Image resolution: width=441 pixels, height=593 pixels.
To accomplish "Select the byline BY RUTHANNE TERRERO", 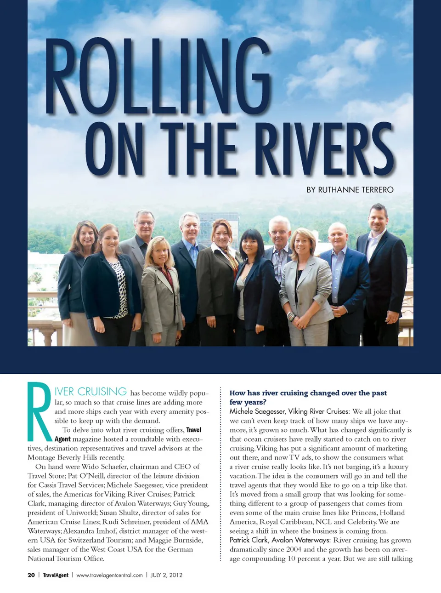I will [x=350, y=189].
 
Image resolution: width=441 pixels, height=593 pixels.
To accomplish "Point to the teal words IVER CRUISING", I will [x=90, y=392].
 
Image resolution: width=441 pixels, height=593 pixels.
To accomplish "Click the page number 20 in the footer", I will [x=31, y=575].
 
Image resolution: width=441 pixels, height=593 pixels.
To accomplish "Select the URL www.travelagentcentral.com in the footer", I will [x=109, y=575].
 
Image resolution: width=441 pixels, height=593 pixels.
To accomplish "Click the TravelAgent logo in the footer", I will [x=56, y=575].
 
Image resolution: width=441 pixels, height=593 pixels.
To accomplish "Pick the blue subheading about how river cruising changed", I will [x=308, y=397].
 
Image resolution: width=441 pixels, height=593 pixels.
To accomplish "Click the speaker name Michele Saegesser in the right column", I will [x=256, y=411].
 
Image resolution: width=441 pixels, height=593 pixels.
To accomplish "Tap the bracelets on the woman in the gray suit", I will [x=290, y=316].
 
